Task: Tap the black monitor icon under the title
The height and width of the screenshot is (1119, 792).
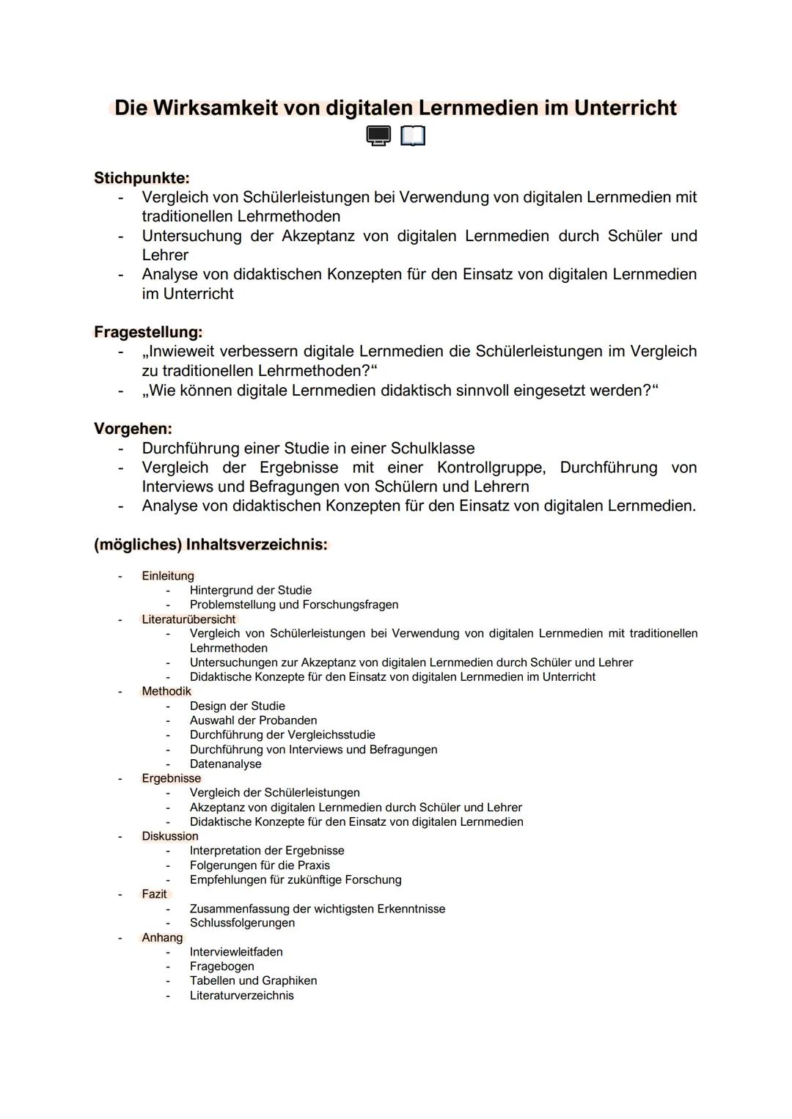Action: pyautogui.click(x=378, y=136)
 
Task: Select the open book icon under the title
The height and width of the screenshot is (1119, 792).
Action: pyautogui.click(x=413, y=136)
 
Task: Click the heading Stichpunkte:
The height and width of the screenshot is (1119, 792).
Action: pyautogui.click(x=142, y=178)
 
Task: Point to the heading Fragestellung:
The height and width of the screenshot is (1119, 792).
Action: pyautogui.click(x=148, y=332)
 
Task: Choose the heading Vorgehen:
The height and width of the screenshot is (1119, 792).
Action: pyautogui.click(x=133, y=429)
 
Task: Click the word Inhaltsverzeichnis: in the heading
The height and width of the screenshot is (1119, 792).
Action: pyautogui.click(x=256, y=544)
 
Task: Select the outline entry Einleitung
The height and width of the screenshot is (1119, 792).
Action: pyautogui.click(x=168, y=576)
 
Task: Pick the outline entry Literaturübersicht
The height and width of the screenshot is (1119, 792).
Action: pyautogui.click(x=188, y=619)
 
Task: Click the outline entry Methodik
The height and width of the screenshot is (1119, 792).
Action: pyautogui.click(x=166, y=691)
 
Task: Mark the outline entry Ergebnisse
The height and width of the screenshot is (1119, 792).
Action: pyautogui.click(x=171, y=778)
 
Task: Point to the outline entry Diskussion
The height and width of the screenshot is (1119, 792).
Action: pyautogui.click(x=170, y=836)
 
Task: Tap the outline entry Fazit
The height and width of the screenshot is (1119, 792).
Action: pyautogui.click(x=154, y=894)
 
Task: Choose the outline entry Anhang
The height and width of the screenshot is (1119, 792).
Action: pyautogui.click(x=162, y=937)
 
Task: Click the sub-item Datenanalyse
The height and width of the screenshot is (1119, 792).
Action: pyautogui.click(x=225, y=764)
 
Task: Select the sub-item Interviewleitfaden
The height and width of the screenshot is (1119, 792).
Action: pyautogui.click(x=236, y=952)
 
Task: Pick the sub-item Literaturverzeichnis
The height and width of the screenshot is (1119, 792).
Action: pyautogui.click(x=241, y=995)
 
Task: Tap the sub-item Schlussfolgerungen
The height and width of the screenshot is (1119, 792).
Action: pyautogui.click(x=242, y=923)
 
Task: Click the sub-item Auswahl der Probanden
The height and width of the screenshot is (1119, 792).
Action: pyautogui.click(x=253, y=720)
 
